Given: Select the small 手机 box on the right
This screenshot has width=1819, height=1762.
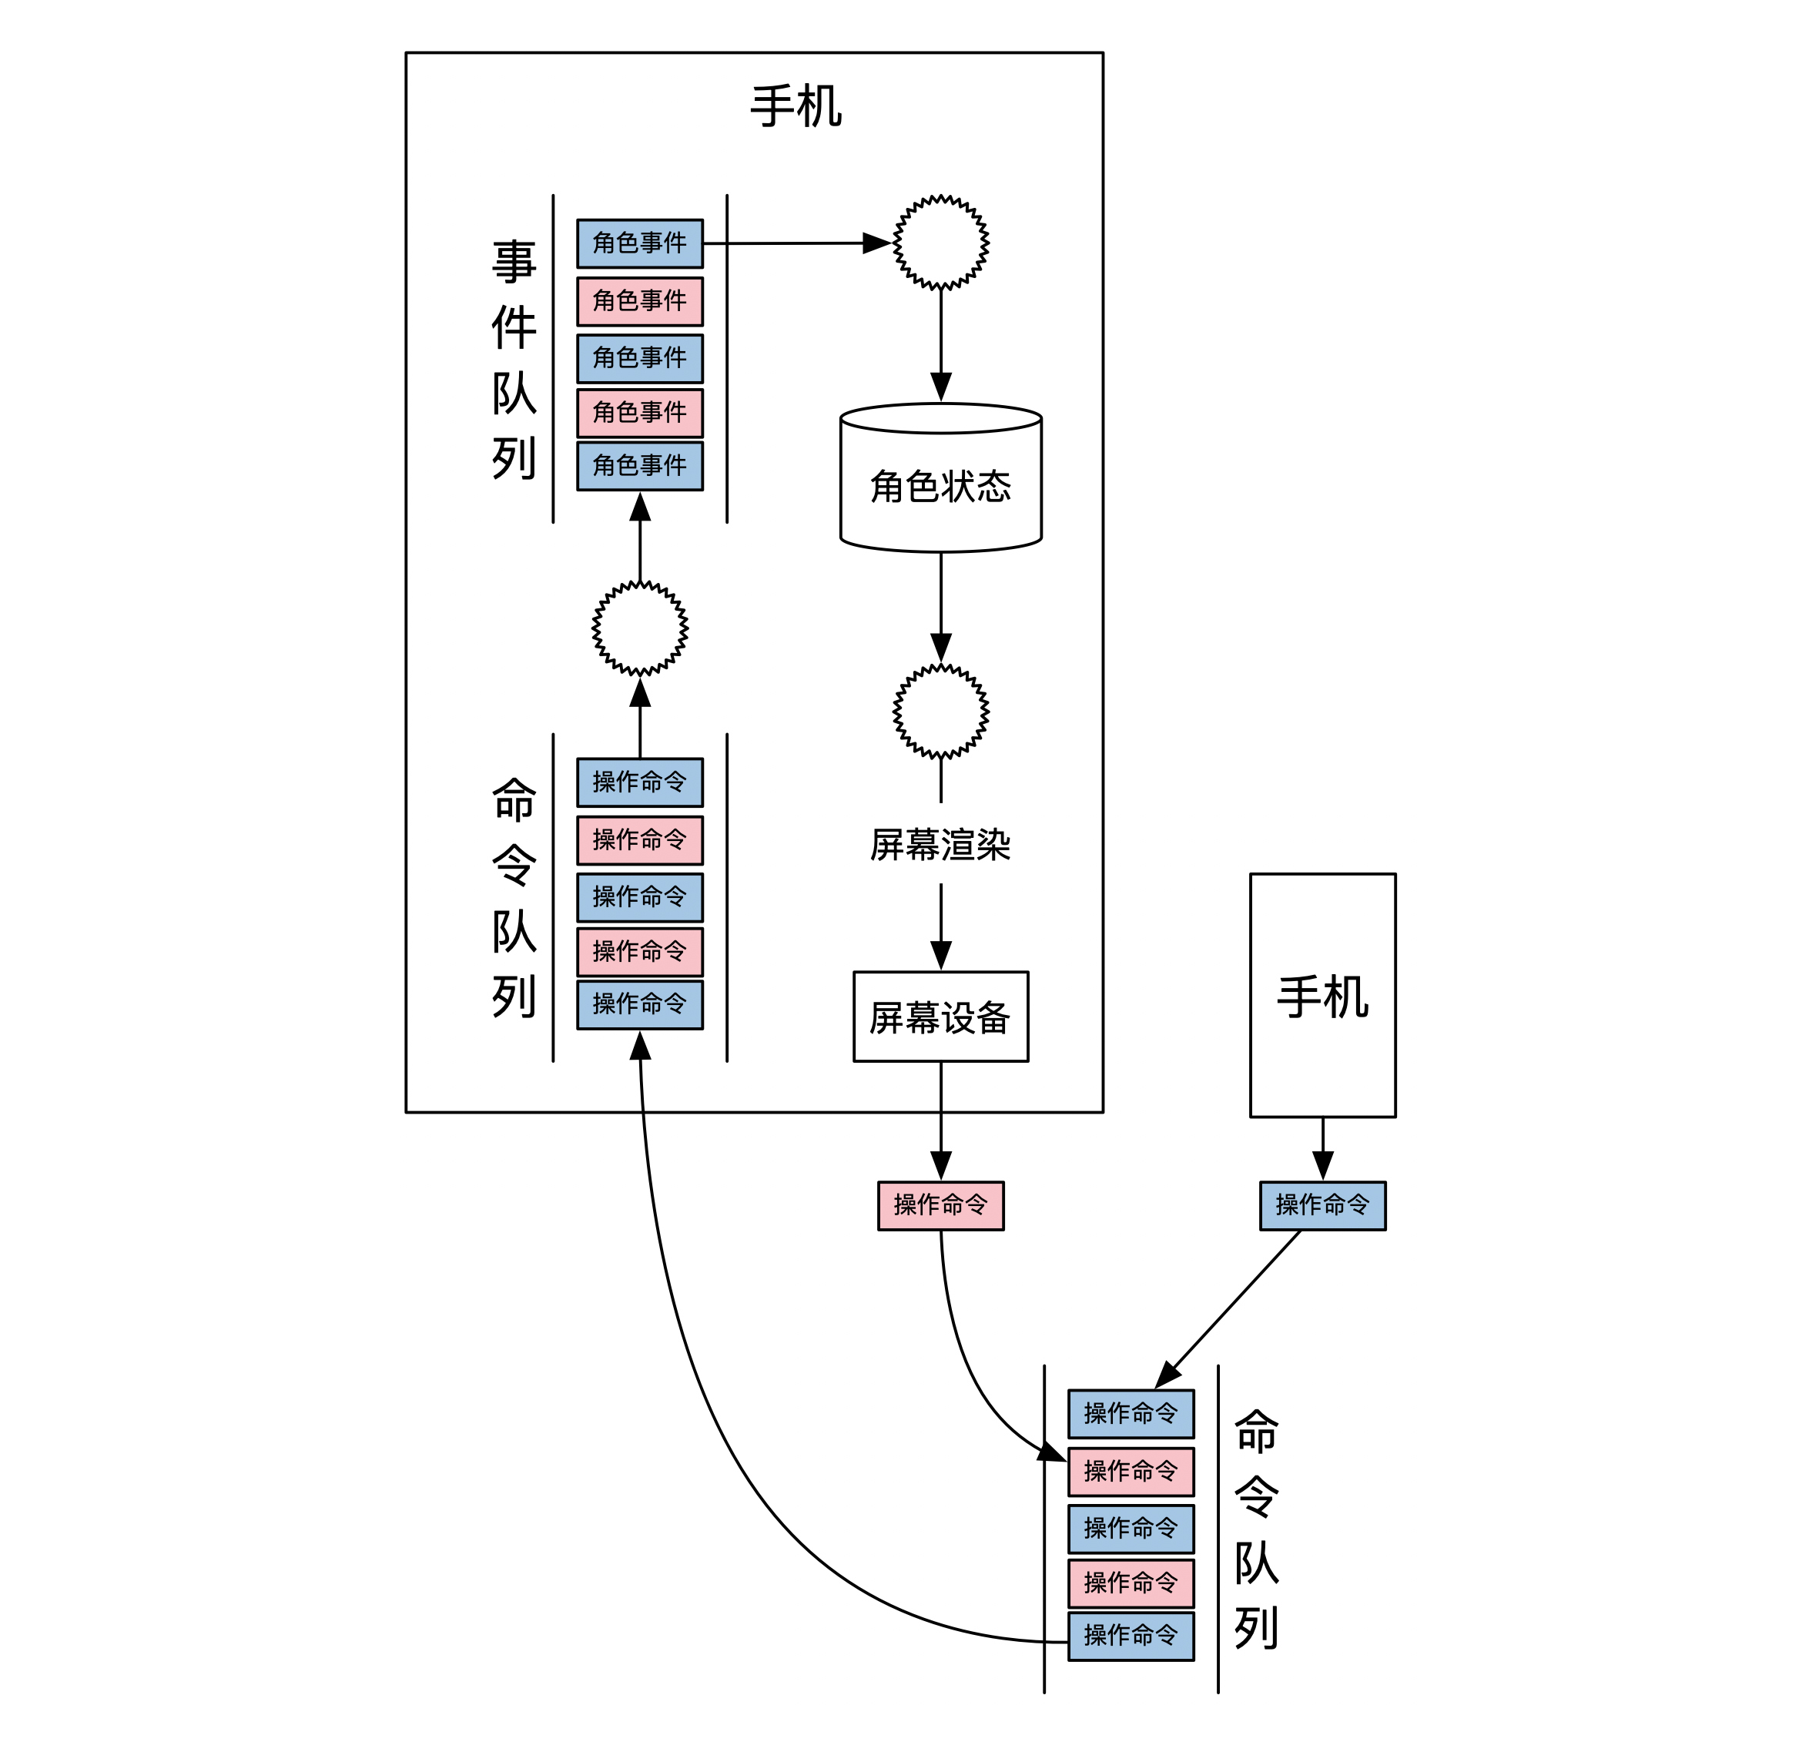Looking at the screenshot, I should (x=1322, y=996).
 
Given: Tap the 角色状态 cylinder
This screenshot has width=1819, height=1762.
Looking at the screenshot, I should (x=940, y=484).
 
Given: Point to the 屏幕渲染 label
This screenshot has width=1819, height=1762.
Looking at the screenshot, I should (x=940, y=844).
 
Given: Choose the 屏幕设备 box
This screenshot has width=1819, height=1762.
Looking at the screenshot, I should (x=940, y=1017).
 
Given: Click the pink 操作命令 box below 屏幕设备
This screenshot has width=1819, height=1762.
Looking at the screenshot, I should (x=940, y=1205).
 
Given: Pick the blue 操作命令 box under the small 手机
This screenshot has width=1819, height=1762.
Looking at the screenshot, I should (x=1322, y=1205).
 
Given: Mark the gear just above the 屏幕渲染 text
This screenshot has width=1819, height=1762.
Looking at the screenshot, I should (x=940, y=711).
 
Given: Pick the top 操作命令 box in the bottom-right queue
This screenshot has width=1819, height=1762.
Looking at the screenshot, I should (x=1131, y=1414).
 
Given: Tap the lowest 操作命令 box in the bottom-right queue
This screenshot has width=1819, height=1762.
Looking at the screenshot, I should (x=1131, y=1636).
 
